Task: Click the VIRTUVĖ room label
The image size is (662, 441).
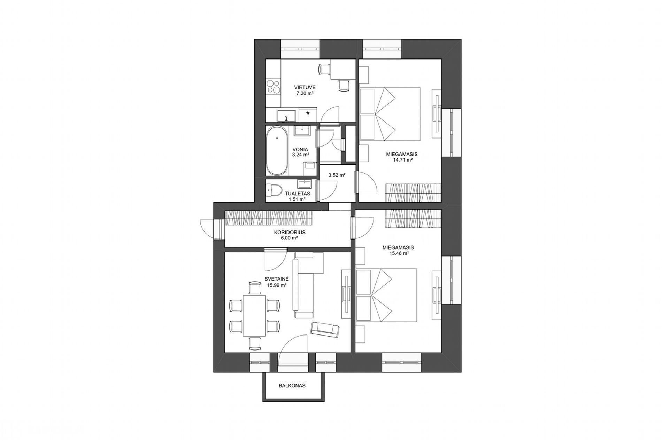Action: pyautogui.click(x=305, y=87)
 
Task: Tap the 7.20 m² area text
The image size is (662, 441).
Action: pyautogui.click(x=305, y=93)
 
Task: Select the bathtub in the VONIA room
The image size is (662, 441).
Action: pyautogui.click(x=277, y=151)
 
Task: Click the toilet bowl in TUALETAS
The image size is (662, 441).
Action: pyautogui.click(x=274, y=190)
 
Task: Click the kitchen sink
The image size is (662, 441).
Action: pyautogui.click(x=286, y=115)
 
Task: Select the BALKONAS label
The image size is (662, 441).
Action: pyautogui.click(x=292, y=386)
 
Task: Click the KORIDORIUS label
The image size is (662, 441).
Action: pyautogui.click(x=290, y=232)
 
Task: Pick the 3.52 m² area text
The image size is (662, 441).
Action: pyautogui.click(x=337, y=175)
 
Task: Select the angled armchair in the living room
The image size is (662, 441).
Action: pyautogui.click(x=325, y=329)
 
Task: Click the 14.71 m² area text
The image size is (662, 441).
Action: pyautogui.click(x=401, y=160)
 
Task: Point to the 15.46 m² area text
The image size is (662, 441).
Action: pyautogui.click(x=398, y=254)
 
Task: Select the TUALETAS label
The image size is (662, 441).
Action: pyautogui.click(x=297, y=194)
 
